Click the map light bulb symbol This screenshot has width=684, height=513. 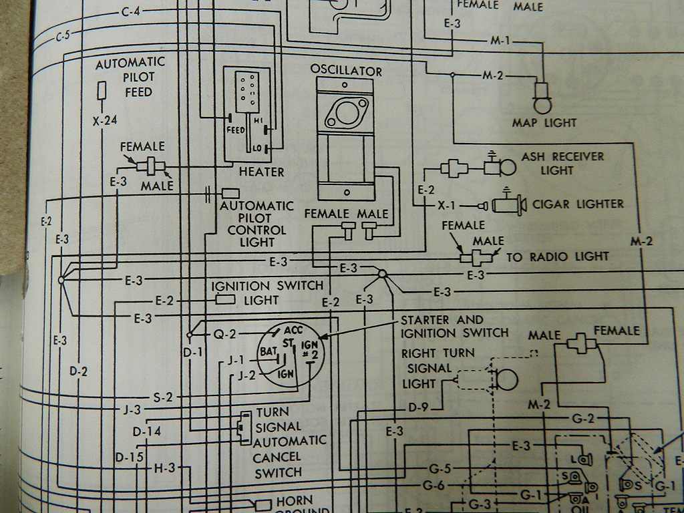tap(540, 102)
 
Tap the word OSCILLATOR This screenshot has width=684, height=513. tap(346, 71)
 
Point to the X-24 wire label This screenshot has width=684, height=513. tap(105, 121)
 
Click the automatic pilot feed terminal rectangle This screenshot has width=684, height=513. tap(102, 90)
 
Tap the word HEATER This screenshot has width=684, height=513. tap(261, 172)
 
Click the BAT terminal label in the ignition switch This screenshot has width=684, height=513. tap(269, 351)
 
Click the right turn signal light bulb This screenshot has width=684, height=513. tap(506, 379)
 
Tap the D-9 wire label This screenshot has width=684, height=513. tap(417, 406)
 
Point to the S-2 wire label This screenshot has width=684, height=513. tap(163, 397)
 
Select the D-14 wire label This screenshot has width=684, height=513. tap(147, 432)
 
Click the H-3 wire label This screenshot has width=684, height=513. tap(164, 468)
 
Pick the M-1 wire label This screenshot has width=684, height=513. tap(500, 41)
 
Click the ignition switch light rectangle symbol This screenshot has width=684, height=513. tap(225, 299)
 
